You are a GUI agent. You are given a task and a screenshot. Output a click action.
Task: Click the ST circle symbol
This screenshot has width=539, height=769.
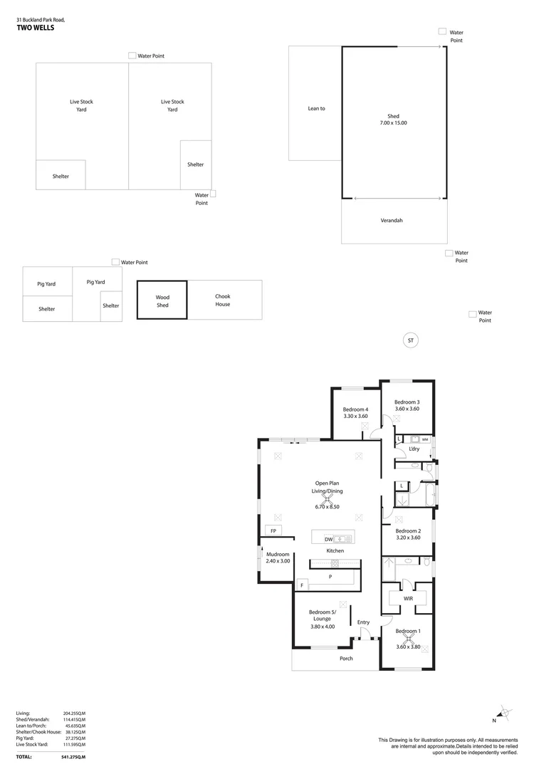point(410,341)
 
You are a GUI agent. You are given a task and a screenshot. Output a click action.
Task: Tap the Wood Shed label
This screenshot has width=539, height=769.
point(162,301)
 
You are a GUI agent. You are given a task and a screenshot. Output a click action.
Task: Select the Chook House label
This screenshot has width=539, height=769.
point(223,300)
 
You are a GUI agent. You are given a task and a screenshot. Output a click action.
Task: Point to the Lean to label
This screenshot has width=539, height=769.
point(316,108)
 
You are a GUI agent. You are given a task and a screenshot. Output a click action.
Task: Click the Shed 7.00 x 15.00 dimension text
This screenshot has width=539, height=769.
point(393,123)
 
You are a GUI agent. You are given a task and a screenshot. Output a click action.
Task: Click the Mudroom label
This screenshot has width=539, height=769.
point(278,554)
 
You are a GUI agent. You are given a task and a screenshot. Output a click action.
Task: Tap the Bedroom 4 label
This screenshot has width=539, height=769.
point(355,409)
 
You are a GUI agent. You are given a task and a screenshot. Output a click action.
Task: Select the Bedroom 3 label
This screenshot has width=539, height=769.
point(407,402)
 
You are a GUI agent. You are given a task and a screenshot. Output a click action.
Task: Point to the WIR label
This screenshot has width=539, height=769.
point(408,599)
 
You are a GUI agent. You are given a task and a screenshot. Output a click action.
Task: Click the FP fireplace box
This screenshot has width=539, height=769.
point(273,531)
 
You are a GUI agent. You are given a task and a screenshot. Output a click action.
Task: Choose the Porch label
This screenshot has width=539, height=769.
point(346,658)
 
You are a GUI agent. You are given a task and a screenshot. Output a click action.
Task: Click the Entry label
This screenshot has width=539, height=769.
point(363,622)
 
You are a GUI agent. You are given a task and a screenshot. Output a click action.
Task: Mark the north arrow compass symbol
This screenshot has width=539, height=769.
point(504,711)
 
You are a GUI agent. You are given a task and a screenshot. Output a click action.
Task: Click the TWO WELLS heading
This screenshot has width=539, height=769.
point(35,28)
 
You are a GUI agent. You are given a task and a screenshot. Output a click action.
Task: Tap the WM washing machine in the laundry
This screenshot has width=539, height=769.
point(424,439)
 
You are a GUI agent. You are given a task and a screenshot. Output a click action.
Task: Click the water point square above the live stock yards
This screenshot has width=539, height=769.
point(132,56)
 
